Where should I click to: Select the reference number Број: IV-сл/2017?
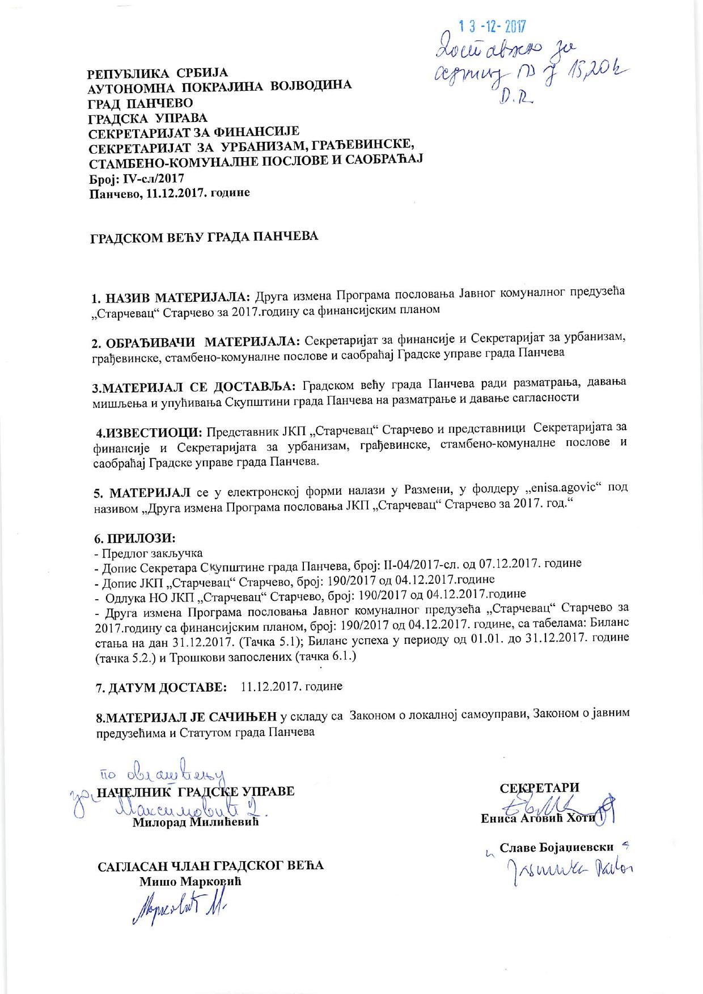(137, 179)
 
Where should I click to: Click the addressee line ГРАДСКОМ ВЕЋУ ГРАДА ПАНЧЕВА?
(205, 237)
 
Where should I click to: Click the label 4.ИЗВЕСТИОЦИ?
(150, 433)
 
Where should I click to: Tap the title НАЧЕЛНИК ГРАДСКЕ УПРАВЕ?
(196, 792)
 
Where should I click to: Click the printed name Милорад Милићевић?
(196, 822)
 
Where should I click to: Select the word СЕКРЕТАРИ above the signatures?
(539, 788)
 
